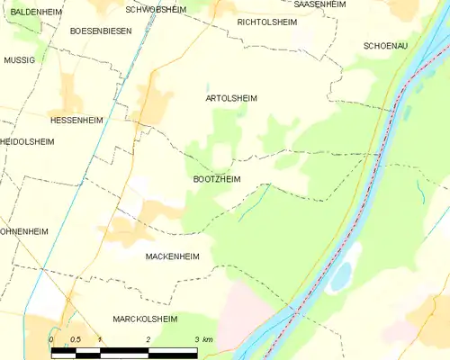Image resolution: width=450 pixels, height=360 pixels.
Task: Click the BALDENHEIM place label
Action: (x=35, y=12)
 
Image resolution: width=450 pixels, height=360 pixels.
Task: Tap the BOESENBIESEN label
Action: (x=101, y=31)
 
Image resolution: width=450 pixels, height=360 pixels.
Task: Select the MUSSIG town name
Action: (x=19, y=59)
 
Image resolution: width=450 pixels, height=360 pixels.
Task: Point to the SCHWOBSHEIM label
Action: (x=157, y=9)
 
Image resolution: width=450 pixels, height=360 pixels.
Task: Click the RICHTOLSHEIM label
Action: (x=267, y=21)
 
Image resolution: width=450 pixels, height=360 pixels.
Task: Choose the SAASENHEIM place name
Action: (x=321, y=4)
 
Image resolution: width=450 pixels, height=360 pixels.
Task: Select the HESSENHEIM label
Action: (x=76, y=120)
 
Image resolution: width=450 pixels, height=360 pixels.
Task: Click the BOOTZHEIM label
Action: (x=216, y=179)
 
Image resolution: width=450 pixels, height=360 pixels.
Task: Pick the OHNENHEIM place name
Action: (x=24, y=230)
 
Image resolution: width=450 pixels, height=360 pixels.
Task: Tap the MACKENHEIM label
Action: (x=172, y=256)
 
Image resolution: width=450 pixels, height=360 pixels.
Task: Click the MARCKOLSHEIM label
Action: (x=145, y=319)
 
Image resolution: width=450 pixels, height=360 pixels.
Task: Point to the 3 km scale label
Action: (x=202, y=339)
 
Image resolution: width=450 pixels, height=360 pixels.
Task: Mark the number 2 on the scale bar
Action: (x=148, y=339)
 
